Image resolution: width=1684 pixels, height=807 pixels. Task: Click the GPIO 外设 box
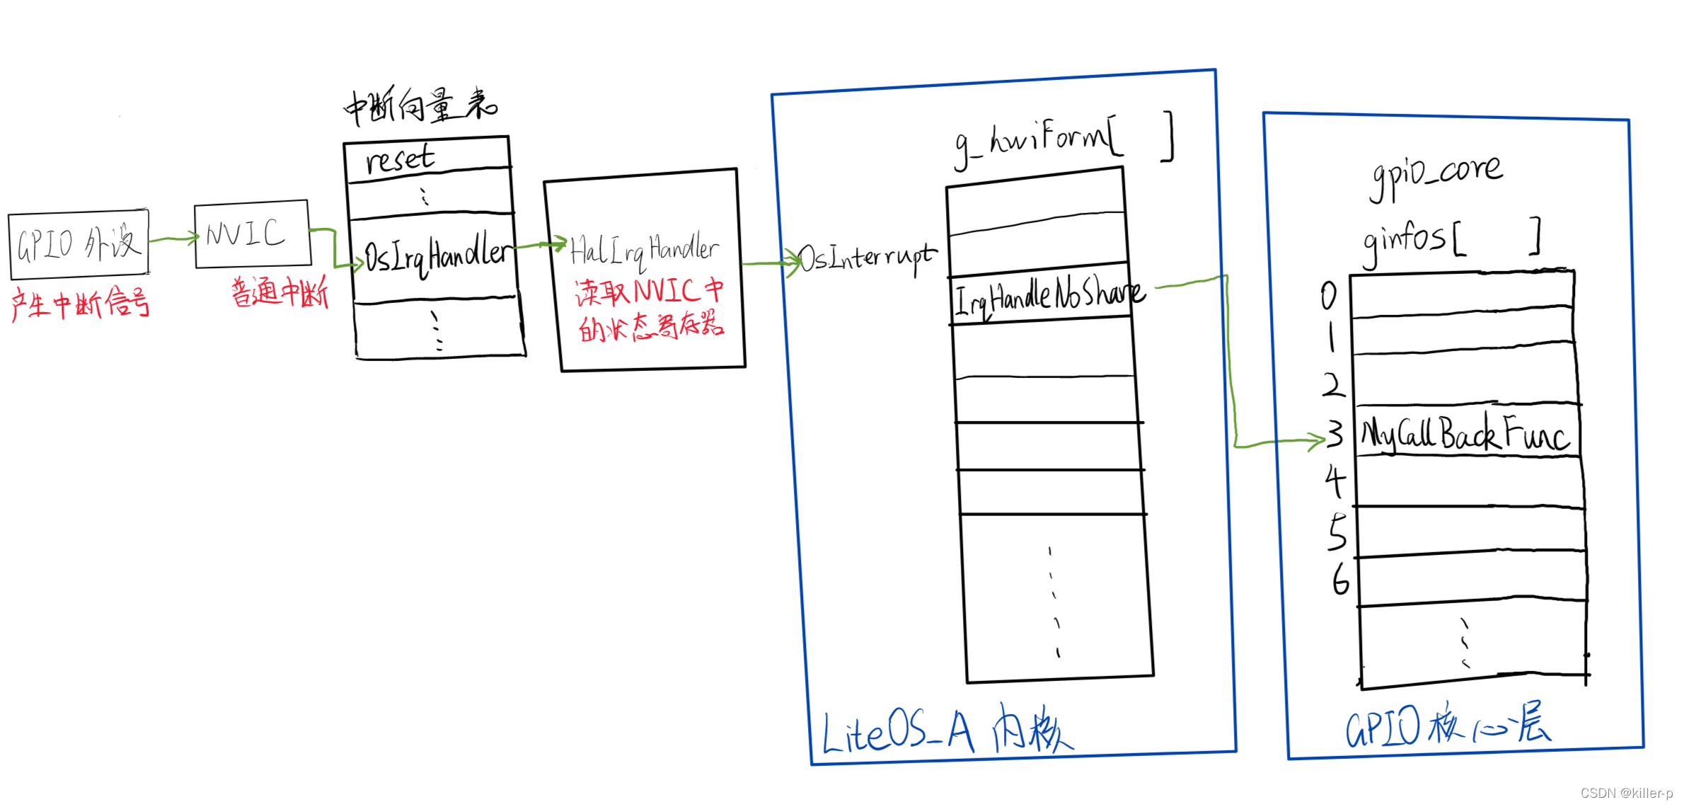[x=79, y=244]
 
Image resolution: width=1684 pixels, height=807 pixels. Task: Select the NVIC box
[x=251, y=234]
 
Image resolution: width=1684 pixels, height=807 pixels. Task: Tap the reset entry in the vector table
[x=400, y=159]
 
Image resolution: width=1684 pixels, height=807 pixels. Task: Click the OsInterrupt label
[x=867, y=259]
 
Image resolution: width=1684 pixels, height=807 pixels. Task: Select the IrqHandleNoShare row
[x=1047, y=297]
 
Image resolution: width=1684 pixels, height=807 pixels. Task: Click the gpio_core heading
[x=1436, y=174]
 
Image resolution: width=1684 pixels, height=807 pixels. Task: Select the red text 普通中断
[x=280, y=292]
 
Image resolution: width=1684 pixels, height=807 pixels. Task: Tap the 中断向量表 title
[x=420, y=107]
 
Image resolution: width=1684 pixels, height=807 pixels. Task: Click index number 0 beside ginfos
[x=1329, y=296]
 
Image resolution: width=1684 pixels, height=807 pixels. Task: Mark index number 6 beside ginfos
[x=1340, y=580]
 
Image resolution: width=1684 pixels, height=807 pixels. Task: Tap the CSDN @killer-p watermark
[x=1626, y=793]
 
